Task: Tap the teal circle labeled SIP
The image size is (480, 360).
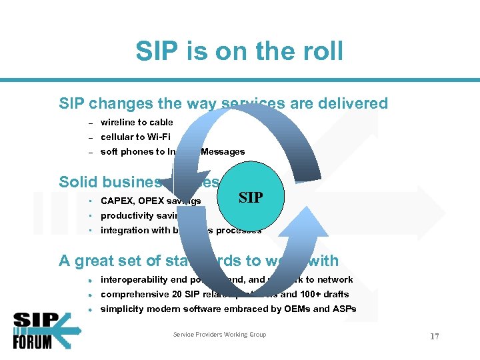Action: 250,198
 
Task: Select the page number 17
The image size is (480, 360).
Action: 434,337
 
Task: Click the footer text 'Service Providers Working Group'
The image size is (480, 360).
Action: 219,335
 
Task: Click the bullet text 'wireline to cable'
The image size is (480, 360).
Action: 137,122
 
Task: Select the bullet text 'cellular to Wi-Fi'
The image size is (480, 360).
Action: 135,137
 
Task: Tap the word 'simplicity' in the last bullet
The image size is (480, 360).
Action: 121,309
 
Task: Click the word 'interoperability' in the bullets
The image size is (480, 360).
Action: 131,279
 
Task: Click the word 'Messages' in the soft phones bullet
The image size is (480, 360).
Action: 223,151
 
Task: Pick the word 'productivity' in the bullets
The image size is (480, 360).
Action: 127,215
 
